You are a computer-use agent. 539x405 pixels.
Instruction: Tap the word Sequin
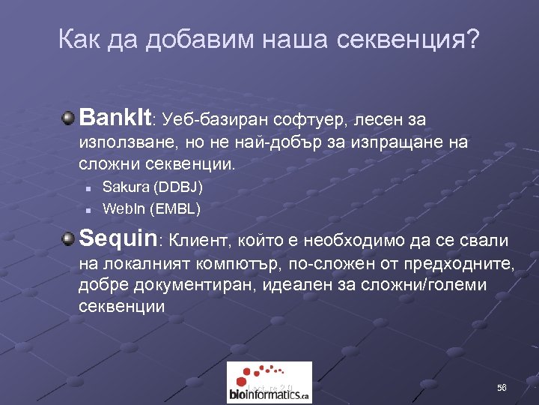click(x=119, y=239)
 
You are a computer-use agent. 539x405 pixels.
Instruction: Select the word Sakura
click(x=124, y=186)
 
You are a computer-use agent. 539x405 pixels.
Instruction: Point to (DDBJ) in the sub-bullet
click(x=177, y=186)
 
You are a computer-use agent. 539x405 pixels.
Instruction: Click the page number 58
click(x=502, y=388)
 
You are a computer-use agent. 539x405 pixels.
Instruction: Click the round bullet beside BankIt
click(x=69, y=118)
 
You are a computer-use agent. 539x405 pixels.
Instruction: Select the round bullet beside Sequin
click(x=69, y=239)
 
